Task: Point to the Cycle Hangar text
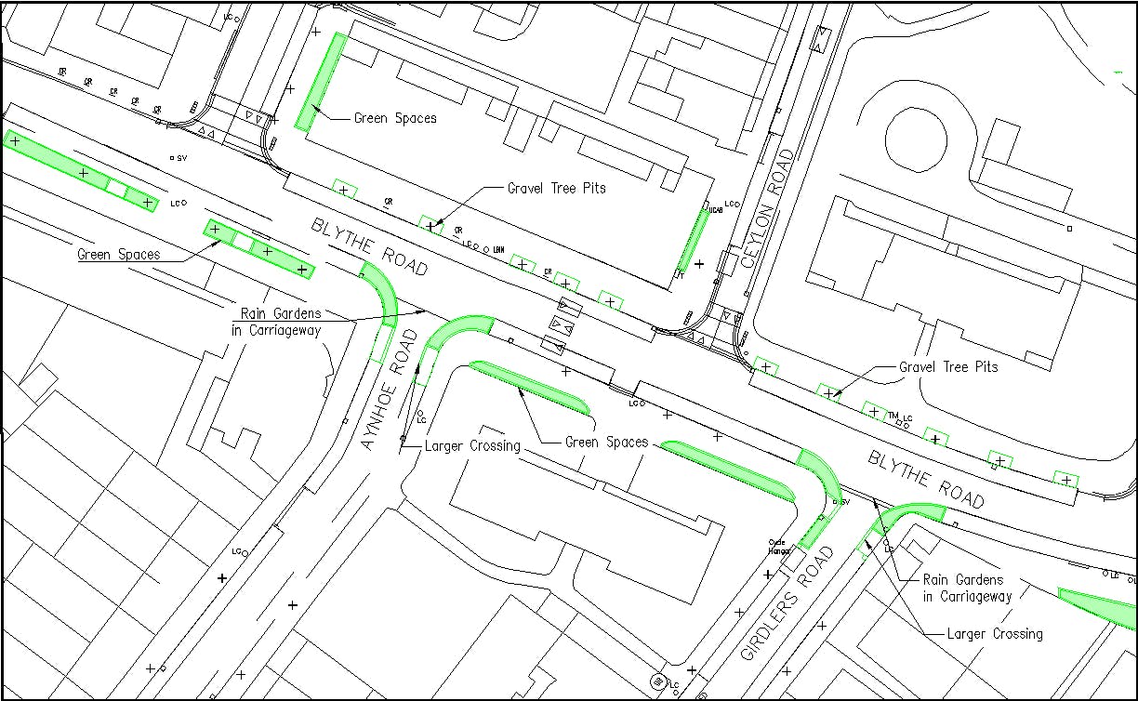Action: click(x=777, y=547)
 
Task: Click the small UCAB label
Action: click(x=716, y=211)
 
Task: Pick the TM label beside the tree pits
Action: click(x=893, y=416)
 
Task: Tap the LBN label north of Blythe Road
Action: click(x=498, y=249)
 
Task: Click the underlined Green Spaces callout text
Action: click(x=118, y=254)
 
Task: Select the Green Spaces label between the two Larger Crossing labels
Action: click(x=606, y=443)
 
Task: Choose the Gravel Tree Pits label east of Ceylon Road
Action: click(x=947, y=367)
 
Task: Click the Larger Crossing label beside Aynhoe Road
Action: click(x=472, y=446)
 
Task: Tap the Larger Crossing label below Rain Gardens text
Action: click(x=994, y=634)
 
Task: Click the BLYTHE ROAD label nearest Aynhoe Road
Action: click(x=369, y=247)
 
